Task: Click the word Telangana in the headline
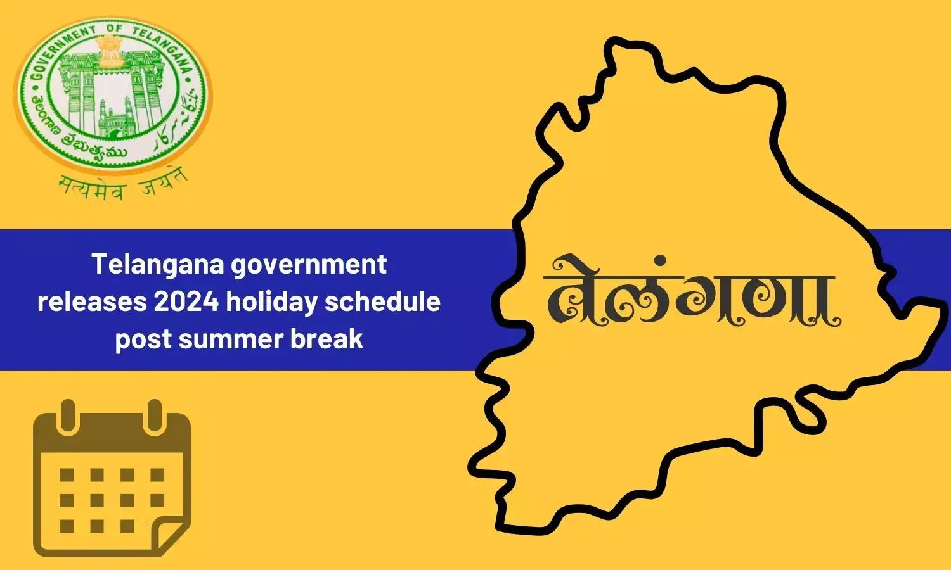click(157, 263)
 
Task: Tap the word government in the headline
click(309, 265)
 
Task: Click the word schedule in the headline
click(383, 301)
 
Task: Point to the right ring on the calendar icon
click(153, 415)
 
